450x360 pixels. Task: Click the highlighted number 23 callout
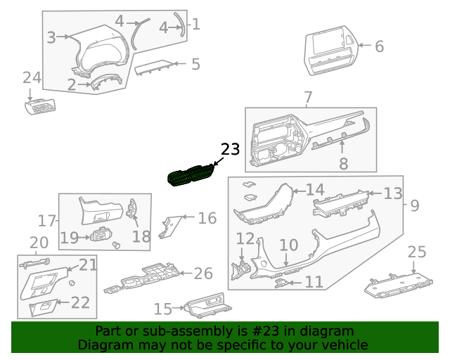coord(230,149)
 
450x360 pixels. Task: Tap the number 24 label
coord(32,78)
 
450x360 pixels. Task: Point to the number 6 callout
coord(379,47)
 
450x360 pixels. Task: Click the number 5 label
coord(195,65)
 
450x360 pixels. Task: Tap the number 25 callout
coord(417,252)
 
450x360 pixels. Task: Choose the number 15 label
coord(162,309)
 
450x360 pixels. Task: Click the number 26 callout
coord(202,273)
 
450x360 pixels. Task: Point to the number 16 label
coord(207,218)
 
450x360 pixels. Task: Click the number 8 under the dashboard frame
coord(343,165)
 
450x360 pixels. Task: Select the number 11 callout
coord(314,282)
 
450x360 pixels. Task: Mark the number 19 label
coord(69,238)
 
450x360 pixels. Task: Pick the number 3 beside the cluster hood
coord(51,38)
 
